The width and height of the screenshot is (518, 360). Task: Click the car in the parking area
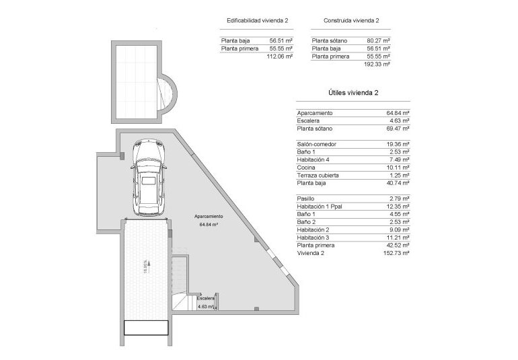[147, 177]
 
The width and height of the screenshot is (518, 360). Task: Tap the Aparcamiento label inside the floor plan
[209, 216]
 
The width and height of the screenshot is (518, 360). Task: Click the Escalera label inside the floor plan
[207, 298]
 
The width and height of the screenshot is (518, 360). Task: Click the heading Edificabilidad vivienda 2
[258, 21]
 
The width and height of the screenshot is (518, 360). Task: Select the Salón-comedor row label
[316, 145]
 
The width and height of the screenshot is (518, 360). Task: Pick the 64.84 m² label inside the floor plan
[209, 225]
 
